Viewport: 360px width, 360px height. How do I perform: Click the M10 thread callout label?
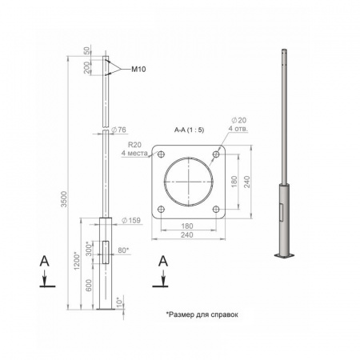138,70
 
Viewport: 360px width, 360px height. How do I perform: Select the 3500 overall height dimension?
64,198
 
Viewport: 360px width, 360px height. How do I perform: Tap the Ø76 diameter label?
118,130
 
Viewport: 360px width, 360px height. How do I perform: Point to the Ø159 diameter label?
130,220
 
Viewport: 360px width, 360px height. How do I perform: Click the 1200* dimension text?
77,261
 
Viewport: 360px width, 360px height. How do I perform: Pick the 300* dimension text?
89,249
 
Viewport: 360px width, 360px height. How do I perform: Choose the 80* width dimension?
123,250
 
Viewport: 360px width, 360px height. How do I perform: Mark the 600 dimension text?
89,286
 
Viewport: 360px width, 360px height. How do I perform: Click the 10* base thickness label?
120,301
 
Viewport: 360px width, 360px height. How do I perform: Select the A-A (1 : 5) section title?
189,130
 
